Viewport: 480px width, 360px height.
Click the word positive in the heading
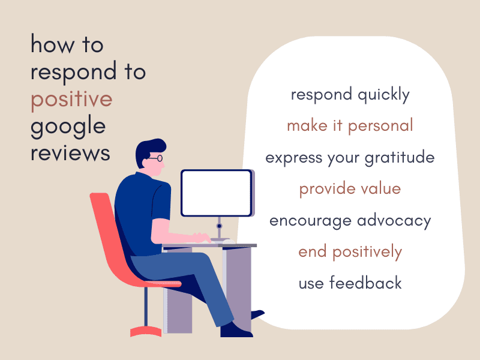(71, 98)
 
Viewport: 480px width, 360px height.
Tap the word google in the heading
(68, 127)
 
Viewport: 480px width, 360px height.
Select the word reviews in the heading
(70, 152)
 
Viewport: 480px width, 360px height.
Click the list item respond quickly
(350, 94)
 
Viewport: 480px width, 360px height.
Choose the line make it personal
(350, 125)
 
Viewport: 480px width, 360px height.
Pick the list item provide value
(350, 189)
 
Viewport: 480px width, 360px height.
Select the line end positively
(350, 251)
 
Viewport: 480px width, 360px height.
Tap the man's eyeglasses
(155, 159)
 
